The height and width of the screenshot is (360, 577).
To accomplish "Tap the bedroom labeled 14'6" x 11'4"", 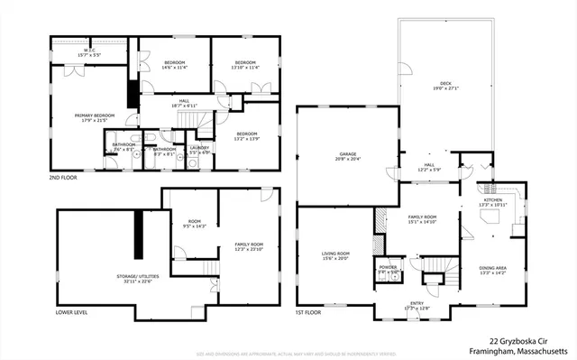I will tap(173, 64).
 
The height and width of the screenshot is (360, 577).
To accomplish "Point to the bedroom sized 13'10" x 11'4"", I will tap(243, 64).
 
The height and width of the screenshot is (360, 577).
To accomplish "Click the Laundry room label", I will tap(199, 150).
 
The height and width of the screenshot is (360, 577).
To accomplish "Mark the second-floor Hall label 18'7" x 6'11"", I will tap(183, 103).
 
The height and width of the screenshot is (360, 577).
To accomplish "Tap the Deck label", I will tap(447, 86).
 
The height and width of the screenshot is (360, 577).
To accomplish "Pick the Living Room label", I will tap(335, 256).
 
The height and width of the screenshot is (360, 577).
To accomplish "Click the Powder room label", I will tap(389, 270).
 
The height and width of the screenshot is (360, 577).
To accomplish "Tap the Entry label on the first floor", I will tap(417, 306).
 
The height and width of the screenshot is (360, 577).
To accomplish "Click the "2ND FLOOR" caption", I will tap(64, 178).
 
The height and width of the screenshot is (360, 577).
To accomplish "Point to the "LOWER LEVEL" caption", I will tap(71, 312).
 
